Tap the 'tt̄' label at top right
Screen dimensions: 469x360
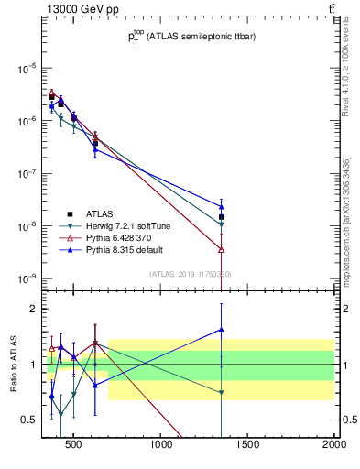331,9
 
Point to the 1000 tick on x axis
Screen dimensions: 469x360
162,447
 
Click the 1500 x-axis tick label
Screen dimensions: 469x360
248,447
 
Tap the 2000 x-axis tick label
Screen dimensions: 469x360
333,447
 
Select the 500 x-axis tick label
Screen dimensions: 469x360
77,447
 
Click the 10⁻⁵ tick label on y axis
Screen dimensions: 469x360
26,69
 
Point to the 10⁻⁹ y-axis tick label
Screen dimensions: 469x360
26,278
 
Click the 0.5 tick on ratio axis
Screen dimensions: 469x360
31,420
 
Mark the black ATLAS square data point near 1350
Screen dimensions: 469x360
222,191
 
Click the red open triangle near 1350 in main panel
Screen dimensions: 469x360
222,249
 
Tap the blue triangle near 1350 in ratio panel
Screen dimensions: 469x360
222,330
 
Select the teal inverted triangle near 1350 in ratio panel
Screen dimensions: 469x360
222,392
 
